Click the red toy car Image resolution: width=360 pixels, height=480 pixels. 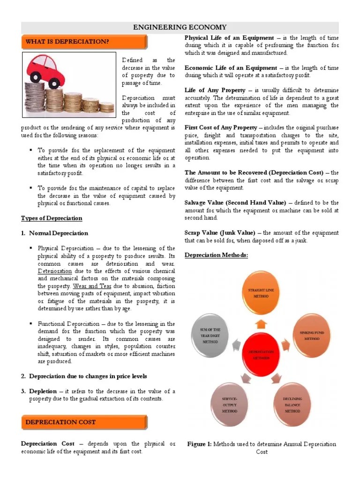[50, 71]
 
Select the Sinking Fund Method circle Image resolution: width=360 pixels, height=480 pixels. [312, 334]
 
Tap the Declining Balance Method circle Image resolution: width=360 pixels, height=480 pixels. [292, 404]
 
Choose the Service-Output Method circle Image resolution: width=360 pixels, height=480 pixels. [230, 404]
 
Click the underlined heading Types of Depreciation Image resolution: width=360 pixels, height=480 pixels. [52, 218]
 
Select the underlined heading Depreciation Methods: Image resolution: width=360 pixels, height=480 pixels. [216, 255]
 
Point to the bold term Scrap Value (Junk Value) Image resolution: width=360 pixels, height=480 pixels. [220, 233]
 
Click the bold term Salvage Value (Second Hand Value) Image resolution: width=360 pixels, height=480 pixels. [235, 202]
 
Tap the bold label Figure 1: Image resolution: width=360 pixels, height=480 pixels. [200, 444]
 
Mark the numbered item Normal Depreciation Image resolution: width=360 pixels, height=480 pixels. [59, 233]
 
